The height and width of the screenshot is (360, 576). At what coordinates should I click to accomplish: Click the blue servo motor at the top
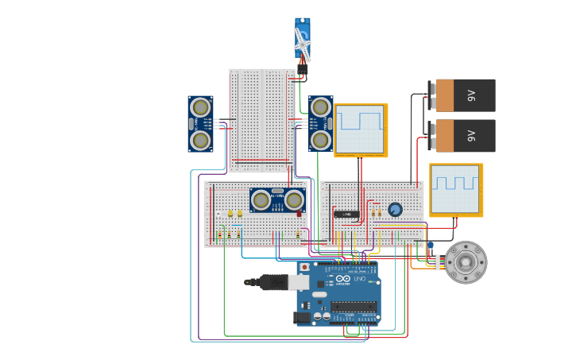[303, 41]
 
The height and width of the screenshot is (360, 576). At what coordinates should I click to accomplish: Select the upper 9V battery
[463, 95]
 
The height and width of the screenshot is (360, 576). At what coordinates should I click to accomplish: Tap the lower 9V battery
[463, 135]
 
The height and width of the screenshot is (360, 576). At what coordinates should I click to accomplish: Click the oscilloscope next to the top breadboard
[361, 130]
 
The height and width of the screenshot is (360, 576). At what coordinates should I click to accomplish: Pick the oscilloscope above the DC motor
[456, 190]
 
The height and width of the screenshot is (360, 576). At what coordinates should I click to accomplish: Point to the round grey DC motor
[465, 262]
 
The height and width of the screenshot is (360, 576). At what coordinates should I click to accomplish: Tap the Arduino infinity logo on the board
[342, 280]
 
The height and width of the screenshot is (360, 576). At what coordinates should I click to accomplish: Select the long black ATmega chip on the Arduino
[354, 306]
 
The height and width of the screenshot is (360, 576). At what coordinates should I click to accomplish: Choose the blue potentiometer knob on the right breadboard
[395, 209]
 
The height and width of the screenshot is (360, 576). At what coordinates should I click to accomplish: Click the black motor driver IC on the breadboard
[345, 214]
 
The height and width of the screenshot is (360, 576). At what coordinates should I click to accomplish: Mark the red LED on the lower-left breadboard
[299, 213]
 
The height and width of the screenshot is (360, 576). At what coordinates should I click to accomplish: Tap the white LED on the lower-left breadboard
[218, 214]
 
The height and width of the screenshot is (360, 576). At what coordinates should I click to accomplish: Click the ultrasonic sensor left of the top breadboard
[200, 124]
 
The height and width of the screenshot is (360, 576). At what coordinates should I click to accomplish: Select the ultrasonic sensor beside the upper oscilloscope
[320, 123]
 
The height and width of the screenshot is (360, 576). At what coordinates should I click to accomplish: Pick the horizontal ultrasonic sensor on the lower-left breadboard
[277, 199]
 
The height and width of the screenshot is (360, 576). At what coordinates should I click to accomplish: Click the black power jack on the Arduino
[302, 317]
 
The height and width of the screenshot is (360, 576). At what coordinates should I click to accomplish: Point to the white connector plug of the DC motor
[436, 262]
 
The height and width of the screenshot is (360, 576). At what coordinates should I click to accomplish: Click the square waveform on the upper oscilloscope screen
[360, 121]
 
